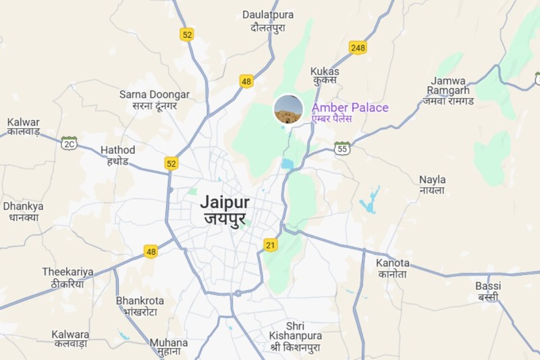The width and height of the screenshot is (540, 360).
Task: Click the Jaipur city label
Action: point(225,210)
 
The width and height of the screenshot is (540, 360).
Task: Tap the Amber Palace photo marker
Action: point(288,109)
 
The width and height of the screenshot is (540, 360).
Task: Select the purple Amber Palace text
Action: point(350,108)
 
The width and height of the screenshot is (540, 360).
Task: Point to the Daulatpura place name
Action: point(268,20)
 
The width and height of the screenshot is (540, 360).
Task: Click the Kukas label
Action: point(325,77)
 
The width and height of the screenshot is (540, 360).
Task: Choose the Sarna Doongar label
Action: point(155,100)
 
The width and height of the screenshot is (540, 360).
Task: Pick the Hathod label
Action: point(117,155)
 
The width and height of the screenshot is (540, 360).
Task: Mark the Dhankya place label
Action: point(23,211)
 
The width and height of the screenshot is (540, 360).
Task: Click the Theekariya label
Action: point(67,278)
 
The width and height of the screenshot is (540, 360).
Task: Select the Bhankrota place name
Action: point(140,305)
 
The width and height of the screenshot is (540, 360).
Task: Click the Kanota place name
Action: point(394,268)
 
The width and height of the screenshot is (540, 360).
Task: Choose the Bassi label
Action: point(488,291)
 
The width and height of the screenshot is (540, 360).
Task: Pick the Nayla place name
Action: point(432,185)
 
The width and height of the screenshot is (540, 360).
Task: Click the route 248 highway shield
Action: point(358,48)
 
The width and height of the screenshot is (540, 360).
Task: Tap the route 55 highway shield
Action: point(343,148)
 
